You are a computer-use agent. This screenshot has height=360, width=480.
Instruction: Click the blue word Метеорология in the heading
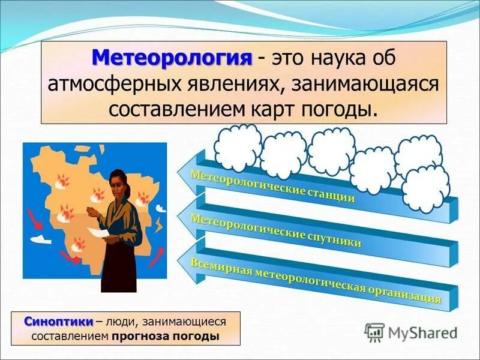[172, 59]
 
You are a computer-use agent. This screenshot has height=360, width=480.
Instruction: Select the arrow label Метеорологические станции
[272, 185]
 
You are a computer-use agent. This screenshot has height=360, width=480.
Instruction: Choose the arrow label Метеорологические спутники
[275, 230]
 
